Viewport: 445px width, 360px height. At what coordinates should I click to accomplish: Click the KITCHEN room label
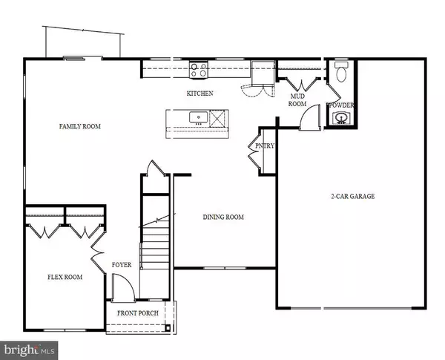(x=200, y=94)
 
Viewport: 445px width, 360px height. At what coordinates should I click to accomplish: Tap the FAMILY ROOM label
(x=79, y=126)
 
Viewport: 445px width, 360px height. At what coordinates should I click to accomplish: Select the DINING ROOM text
(x=224, y=217)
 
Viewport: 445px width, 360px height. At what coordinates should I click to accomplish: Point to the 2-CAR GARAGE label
(x=352, y=197)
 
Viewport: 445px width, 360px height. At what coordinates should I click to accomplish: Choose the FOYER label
(x=122, y=264)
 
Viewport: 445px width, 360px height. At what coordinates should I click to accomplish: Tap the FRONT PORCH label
(x=139, y=312)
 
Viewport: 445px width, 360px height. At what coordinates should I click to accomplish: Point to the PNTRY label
(x=266, y=146)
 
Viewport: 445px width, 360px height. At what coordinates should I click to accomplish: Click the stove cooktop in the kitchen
(x=199, y=70)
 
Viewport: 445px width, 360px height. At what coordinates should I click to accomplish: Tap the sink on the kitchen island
(x=199, y=117)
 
